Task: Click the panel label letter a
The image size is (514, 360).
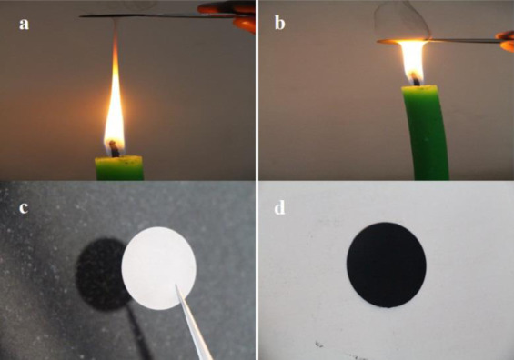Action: [24, 25]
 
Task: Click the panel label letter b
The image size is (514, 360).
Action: [279, 23]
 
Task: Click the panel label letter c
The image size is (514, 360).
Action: [24, 208]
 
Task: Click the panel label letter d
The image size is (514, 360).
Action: [279, 207]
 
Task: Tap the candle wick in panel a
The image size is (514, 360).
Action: [114, 148]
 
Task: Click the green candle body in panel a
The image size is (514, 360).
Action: [119, 168]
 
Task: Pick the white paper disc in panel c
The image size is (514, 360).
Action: [158, 268]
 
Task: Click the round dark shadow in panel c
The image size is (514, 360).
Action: [100, 275]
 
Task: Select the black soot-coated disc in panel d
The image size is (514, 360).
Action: [387, 265]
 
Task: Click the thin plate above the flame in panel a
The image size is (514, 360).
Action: [164, 15]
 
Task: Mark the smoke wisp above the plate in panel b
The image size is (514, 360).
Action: [401, 21]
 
